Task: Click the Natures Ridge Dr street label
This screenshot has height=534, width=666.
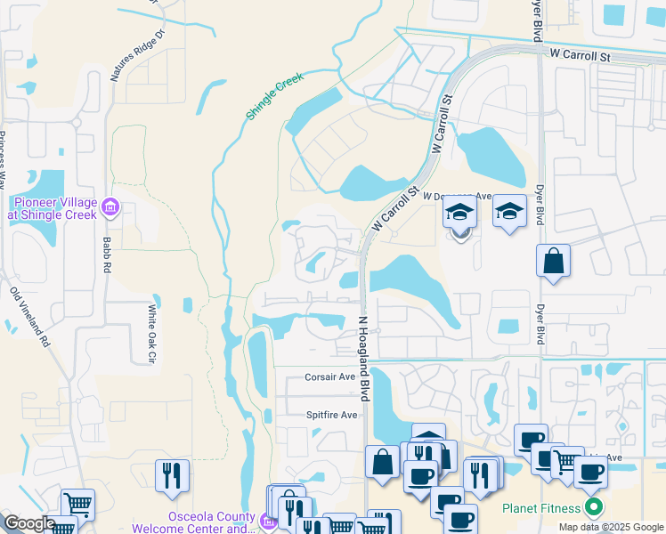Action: pos(138,56)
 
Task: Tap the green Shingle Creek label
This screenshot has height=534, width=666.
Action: pos(275,96)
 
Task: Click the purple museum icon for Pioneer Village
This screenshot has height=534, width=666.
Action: pos(111,208)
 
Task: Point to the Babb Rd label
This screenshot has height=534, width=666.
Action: pos(105,255)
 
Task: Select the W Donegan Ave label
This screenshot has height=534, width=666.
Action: pos(457,196)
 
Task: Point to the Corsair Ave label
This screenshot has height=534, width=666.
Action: pos(330,376)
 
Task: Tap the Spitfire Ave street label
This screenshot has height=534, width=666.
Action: pos(331,415)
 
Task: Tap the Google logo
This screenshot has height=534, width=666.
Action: pos(28,523)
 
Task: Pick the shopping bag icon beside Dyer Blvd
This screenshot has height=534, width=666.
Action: pos(553,262)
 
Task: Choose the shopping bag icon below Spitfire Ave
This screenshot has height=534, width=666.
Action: pos(382,462)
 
